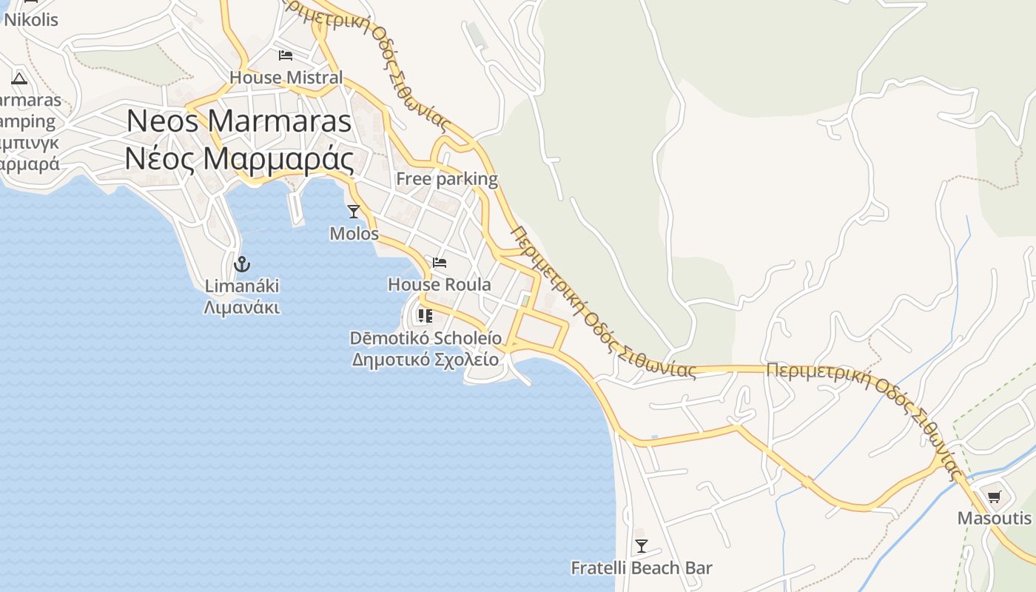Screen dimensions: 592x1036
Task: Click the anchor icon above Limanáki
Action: [x=241, y=263]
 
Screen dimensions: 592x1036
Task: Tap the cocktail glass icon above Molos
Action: [x=354, y=212]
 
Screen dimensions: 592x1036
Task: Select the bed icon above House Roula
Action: [x=440, y=263]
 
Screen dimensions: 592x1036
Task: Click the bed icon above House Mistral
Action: [x=286, y=55]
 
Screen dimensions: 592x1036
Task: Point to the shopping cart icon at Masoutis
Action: [x=994, y=497]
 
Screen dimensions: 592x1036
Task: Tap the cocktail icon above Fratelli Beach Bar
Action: [x=642, y=546]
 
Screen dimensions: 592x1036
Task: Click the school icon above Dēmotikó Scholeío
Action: [x=425, y=316]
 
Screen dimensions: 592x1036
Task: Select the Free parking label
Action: [x=447, y=178]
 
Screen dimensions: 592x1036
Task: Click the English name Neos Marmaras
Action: [x=238, y=121]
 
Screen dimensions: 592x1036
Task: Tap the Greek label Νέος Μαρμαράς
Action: [x=238, y=158]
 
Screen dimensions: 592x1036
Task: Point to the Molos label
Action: [x=354, y=234]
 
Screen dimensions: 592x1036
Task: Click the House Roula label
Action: [x=440, y=284]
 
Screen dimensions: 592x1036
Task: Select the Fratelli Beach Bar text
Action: [x=642, y=568]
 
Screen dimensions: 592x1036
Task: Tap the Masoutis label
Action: [x=994, y=518]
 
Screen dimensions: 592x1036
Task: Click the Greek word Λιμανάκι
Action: [x=241, y=306]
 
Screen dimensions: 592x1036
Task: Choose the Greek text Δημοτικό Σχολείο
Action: [x=425, y=360]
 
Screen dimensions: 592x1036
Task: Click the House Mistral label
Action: [x=286, y=77]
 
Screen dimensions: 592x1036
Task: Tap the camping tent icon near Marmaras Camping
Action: [x=19, y=78]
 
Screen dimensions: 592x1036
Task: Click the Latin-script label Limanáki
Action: [x=241, y=286]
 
